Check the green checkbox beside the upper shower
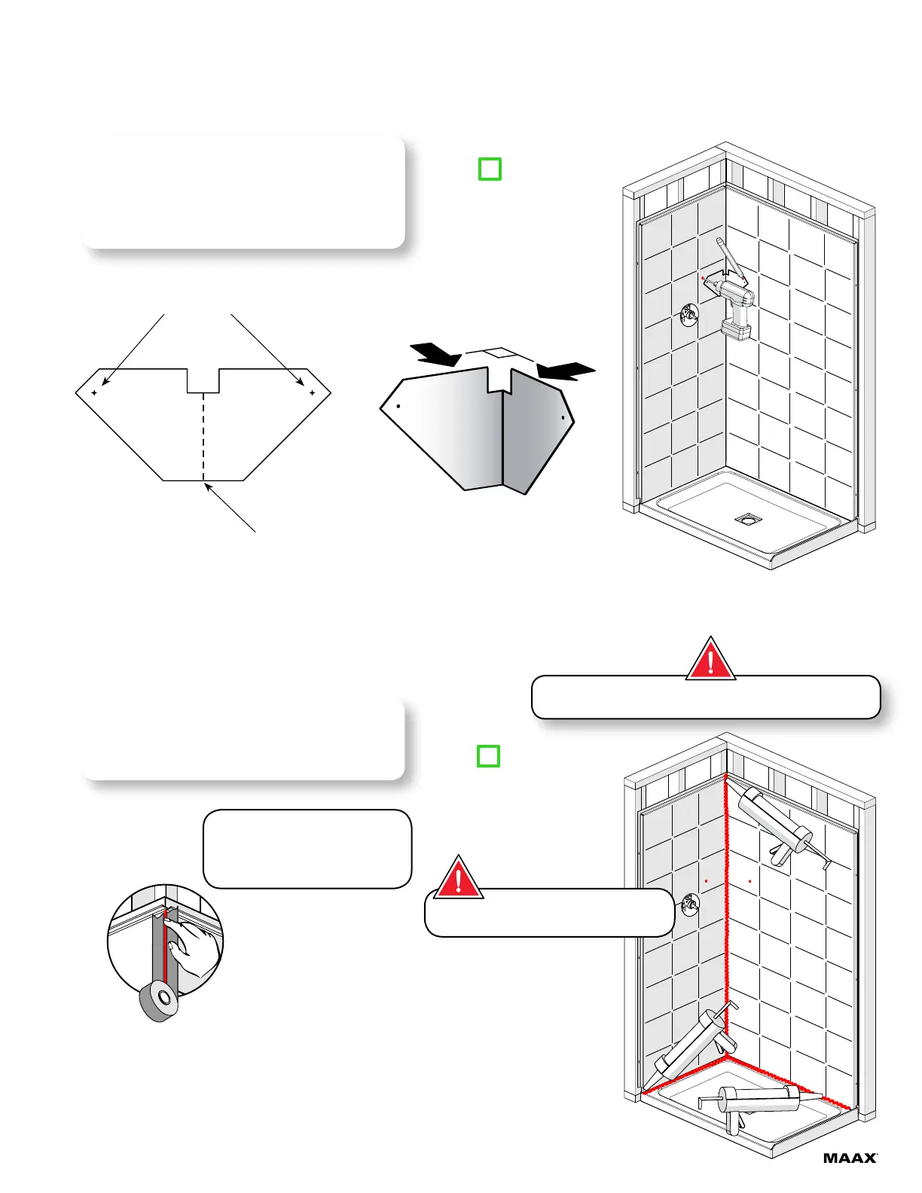[x=490, y=169]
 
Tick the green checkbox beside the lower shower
[x=489, y=756]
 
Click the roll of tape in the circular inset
[x=159, y=1001]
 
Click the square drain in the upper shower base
[x=747, y=519]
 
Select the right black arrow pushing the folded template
[x=566, y=369]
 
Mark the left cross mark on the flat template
[x=94, y=392]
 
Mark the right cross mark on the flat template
[x=312, y=392]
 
